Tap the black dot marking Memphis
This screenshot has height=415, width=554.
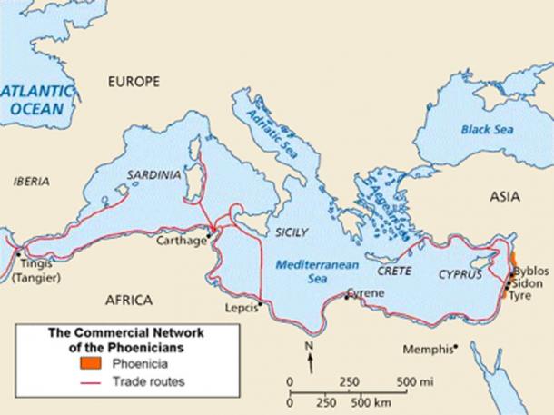(x=456, y=345)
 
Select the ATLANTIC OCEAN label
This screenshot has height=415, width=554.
(x=35, y=99)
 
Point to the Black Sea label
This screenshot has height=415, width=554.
(x=487, y=130)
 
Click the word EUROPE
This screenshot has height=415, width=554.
(x=134, y=82)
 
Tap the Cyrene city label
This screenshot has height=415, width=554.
(x=365, y=293)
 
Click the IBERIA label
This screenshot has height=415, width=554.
(x=32, y=182)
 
